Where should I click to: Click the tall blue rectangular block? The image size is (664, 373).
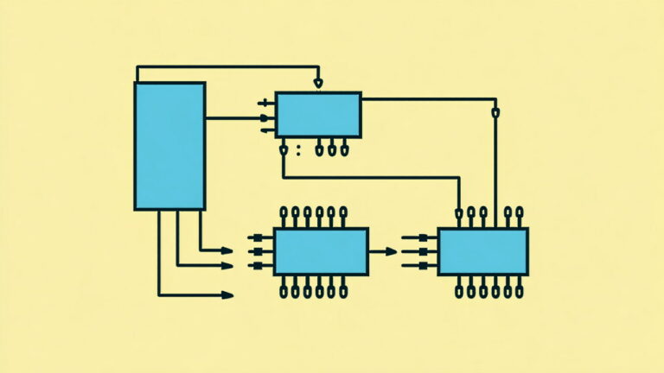tap(169, 146)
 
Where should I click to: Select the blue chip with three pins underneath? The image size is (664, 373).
tap(318, 115)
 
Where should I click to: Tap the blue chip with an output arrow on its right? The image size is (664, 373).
tap(321, 251)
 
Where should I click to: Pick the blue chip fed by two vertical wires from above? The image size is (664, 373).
tap(482, 251)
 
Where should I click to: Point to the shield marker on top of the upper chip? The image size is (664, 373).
tap(318, 84)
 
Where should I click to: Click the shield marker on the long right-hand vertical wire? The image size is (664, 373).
tap(495, 112)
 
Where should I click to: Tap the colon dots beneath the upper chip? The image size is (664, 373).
tap(298, 150)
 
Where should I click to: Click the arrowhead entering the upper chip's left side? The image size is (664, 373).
tap(265, 117)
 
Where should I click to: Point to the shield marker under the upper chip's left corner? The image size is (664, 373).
tap(284, 150)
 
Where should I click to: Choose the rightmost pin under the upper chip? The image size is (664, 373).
tap(343, 150)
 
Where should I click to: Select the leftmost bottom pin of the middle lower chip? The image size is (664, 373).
tap(284, 290)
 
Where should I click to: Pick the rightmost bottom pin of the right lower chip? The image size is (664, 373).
tap(519, 290)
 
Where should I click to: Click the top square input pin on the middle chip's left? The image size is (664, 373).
tap(254, 237)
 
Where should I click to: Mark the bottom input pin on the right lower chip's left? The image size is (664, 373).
tap(418, 266)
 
